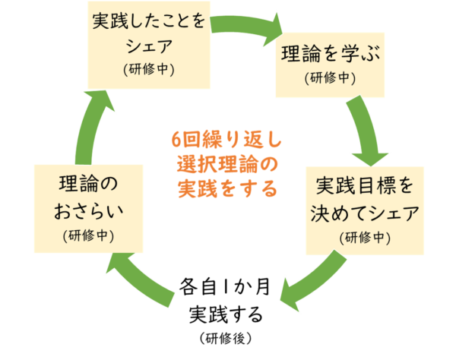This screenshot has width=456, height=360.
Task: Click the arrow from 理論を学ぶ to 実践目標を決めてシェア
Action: tap(364, 129)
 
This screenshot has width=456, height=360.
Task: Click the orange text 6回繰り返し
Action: tap(226, 140)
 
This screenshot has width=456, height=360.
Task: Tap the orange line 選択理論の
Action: tap(226, 163)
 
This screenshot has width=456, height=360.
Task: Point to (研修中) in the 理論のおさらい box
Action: tap(90, 235)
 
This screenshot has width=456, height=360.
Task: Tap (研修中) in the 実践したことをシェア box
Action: tap(149, 68)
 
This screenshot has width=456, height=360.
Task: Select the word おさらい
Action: tap(90, 211)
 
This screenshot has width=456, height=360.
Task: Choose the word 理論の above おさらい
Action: tap(90, 185)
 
